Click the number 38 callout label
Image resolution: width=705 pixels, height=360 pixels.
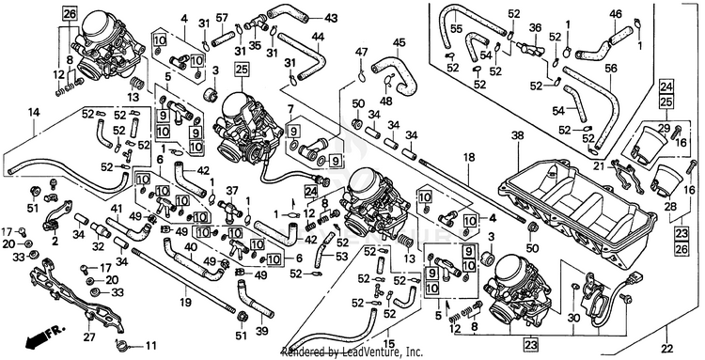coord(518,134)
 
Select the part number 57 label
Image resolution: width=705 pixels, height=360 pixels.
coord(222,19)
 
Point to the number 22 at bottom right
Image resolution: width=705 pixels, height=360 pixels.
coord(667,349)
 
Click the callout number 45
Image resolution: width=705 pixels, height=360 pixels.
coord(399,42)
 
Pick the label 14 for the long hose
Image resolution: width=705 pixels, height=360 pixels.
coord(34,113)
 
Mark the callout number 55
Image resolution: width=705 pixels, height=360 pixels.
coord(457,29)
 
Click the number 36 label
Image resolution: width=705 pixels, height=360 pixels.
coord(535,28)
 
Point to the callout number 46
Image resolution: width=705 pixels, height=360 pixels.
coord(616,14)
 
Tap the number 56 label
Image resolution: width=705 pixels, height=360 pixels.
coord(611,68)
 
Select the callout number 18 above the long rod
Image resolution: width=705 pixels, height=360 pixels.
coord(469,156)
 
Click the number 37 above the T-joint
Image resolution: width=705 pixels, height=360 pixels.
coord(232,191)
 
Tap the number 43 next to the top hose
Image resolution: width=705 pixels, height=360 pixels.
coord(331,19)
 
